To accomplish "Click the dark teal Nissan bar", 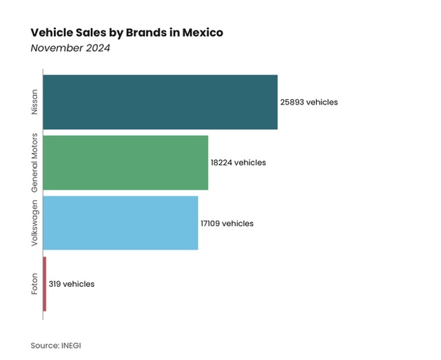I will point(160,102).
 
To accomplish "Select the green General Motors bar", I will point(125,163).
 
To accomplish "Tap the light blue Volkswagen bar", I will point(121,223).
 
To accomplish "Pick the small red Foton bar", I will point(45,283).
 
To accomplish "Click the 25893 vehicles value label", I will point(309,102).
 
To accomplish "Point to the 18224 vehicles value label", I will point(238,163).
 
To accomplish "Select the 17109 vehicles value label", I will point(227,223).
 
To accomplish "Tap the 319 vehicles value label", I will point(72,284).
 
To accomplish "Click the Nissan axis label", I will point(34,102).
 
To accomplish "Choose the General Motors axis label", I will point(34,163).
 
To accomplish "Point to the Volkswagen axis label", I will point(34,223).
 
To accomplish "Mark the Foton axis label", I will point(34,284).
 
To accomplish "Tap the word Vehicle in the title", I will point(50,32).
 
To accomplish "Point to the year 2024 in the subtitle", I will point(98,48).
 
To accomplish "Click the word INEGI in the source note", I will point(78,344).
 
